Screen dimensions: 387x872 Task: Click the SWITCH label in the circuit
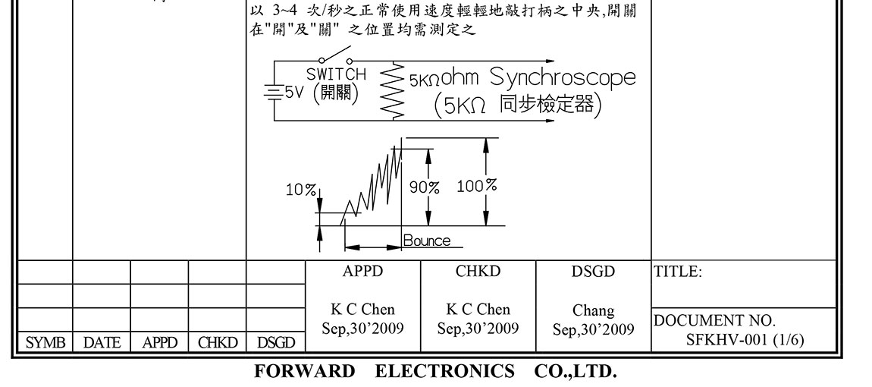[336, 74]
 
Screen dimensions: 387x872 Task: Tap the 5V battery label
[294, 92]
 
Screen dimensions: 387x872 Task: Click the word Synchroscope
[563, 77]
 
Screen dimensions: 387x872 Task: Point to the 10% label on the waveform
[300, 190]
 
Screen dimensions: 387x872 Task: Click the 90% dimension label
[425, 187]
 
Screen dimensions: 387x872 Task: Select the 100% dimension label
[477, 185]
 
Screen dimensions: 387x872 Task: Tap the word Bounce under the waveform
[426, 241]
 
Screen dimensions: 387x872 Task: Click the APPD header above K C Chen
[362, 272]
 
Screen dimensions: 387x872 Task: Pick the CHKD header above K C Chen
[478, 272]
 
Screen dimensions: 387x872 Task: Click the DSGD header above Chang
[593, 272]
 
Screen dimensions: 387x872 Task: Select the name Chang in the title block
[593, 310]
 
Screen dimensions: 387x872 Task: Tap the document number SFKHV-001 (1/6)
[745, 339]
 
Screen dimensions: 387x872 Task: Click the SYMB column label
[42, 343]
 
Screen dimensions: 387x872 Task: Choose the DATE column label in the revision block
[102, 343]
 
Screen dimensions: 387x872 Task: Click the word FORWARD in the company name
[304, 372]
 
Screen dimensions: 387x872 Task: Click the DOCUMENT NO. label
[714, 321]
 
